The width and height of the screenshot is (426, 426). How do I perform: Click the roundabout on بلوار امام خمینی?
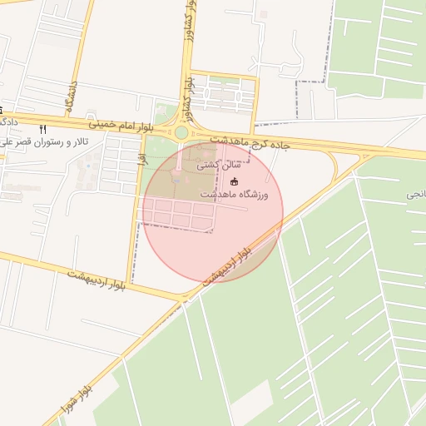point(181,132)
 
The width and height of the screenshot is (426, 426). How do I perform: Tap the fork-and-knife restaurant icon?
point(43,130)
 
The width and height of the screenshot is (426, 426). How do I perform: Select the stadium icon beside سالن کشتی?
point(234,181)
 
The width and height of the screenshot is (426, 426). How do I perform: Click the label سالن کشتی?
point(214,166)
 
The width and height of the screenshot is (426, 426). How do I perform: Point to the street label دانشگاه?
point(72,98)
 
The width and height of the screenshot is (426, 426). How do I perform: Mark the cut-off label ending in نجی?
point(416,194)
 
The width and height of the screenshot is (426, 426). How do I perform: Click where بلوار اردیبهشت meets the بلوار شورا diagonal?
point(185,297)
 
